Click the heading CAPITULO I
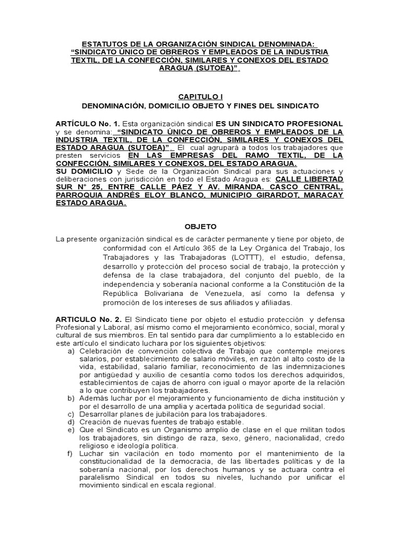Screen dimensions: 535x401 200,97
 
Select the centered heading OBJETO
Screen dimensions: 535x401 200,227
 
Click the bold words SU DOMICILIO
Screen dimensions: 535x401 83,171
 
